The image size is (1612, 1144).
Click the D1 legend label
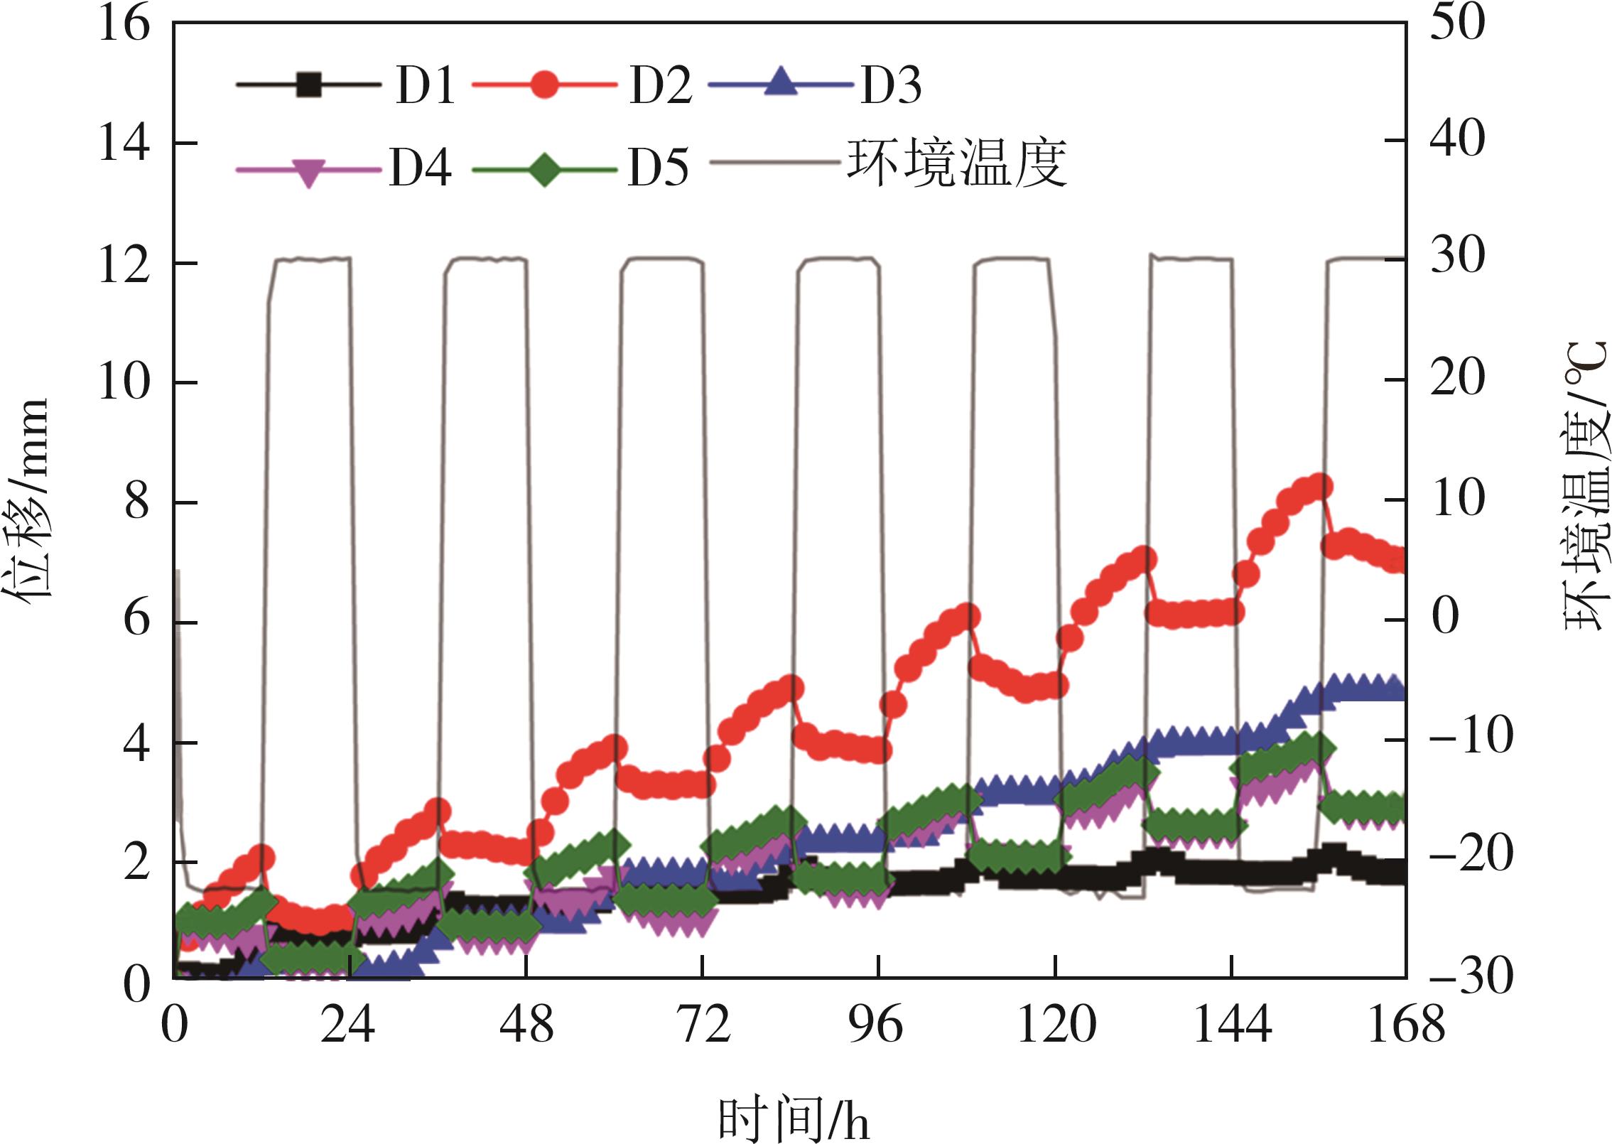(426, 87)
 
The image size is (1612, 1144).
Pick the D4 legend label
(420, 168)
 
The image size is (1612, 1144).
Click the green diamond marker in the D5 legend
(543, 169)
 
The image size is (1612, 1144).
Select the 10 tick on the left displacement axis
(124, 383)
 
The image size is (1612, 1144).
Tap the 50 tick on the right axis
(1456, 23)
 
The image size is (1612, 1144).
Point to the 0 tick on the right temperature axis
(1444, 617)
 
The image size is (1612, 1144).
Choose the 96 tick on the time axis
(879, 1027)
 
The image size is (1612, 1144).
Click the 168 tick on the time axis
(1406, 1027)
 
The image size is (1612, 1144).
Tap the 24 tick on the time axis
(347, 1027)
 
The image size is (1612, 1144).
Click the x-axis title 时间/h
(793, 1118)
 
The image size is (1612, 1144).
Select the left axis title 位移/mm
(28, 501)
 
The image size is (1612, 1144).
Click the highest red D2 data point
(1321, 487)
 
